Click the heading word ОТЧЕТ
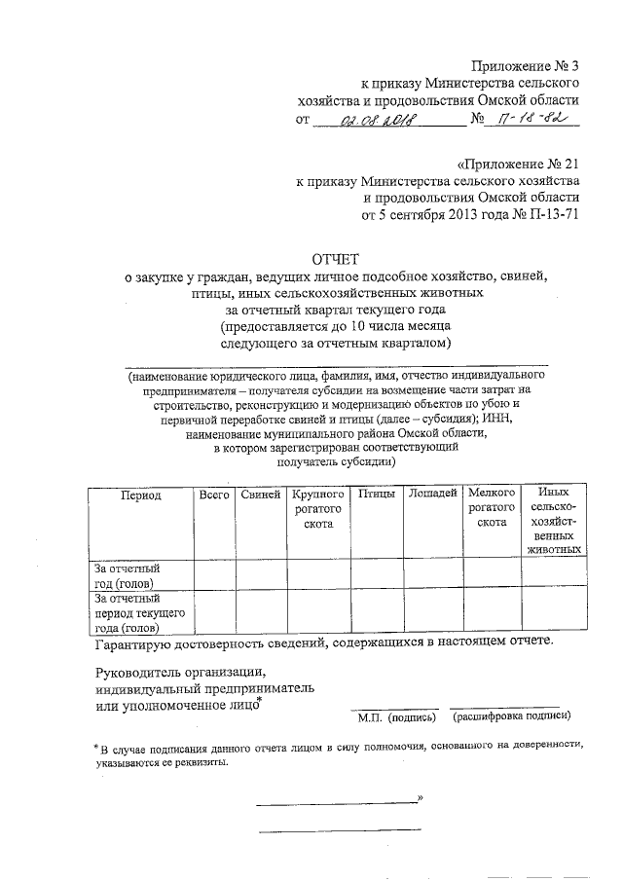pos(335,259)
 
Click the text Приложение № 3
pos(525,66)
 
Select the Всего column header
pos(213,496)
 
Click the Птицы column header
pos(376,496)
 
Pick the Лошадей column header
pos(432,496)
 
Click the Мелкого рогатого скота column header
pos(493,509)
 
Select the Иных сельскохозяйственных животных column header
pos(554,522)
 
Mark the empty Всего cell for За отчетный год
pos(213,574)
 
